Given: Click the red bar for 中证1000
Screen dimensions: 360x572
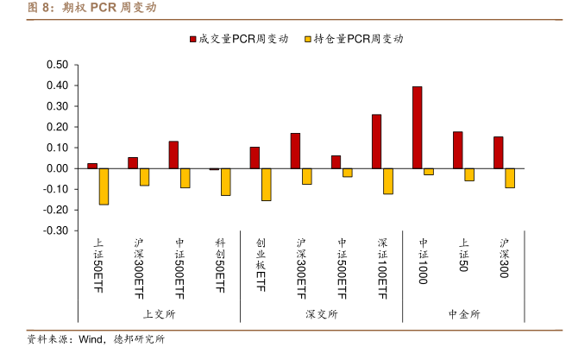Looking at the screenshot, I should pos(418,128).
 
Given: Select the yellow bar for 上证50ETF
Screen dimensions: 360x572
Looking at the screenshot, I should pos(104,186).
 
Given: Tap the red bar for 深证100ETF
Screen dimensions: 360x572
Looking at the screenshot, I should pos(376,142).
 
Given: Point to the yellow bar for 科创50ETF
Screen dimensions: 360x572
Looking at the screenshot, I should pos(225,182).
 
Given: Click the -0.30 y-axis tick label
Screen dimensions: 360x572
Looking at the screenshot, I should pos(54,231).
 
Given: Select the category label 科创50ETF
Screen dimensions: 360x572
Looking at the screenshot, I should pos(220,267).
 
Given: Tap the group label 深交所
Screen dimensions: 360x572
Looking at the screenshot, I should pos(321,313).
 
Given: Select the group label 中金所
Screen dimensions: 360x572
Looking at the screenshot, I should pos(464,313).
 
